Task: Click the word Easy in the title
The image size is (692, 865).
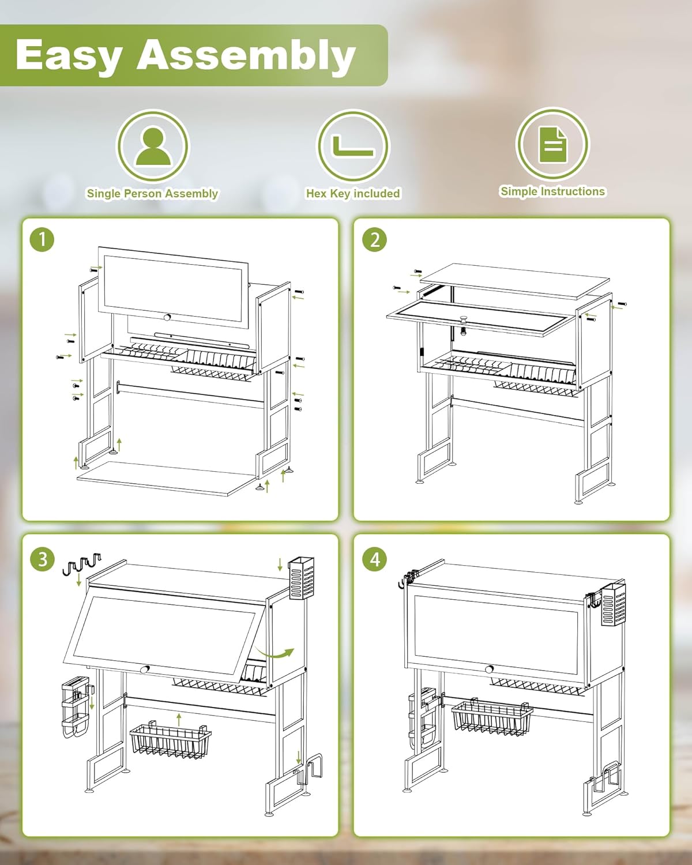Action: click(68, 55)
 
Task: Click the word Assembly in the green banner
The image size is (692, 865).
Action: click(246, 55)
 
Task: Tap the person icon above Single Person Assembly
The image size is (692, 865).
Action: click(152, 147)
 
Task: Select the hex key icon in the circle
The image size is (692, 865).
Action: click(353, 145)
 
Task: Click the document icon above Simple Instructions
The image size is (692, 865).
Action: click(552, 144)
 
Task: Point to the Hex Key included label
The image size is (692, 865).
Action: click(353, 194)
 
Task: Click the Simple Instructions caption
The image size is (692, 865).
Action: click(552, 191)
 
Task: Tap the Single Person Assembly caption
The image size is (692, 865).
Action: click(152, 194)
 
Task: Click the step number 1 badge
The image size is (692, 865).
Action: click(42, 239)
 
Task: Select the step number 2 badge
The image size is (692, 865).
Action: click(375, 239)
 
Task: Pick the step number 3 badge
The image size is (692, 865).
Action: click(42, 559)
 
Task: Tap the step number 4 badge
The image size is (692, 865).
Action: click(375, 559)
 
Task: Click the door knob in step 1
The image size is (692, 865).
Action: click(167, 317)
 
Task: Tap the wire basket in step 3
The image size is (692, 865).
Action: click(171, 739)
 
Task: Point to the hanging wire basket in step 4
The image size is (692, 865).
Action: click(491, 718)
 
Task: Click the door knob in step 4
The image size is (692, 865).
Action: click(490, 669)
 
